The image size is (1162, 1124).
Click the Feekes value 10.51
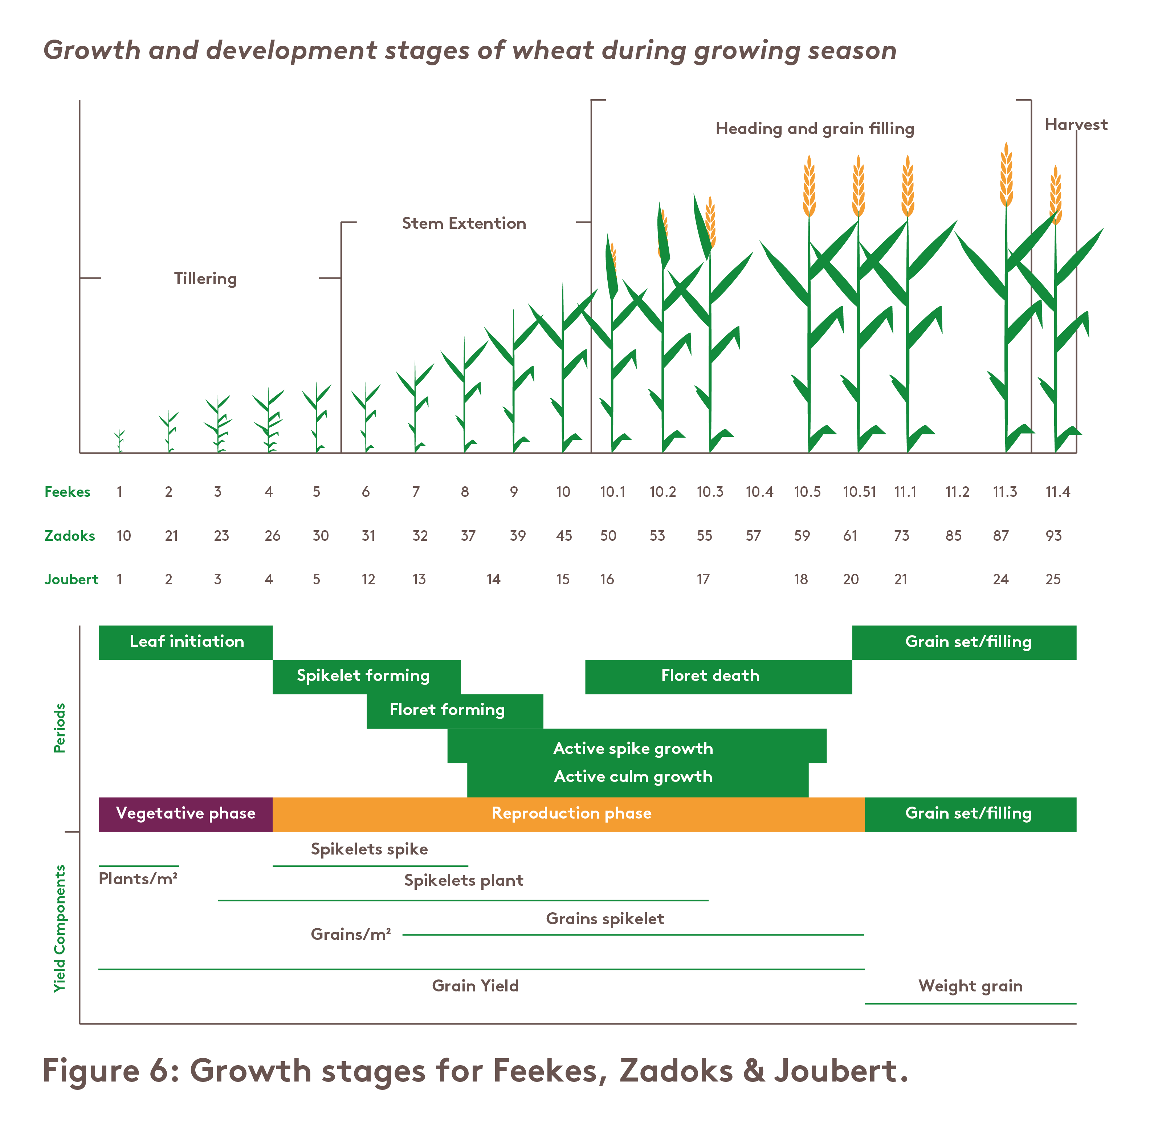[x=859, y=492]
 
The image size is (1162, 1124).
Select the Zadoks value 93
[x=1053, y=536]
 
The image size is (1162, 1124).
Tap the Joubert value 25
[x=1053, y=580]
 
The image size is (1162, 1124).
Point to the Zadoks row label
[x=69, y=536]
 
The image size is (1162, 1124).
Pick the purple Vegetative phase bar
[x=185, y=814]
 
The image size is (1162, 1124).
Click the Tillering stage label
[x=205, y=279]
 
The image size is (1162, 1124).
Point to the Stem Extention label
[x=464, y=224]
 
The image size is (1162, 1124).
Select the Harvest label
[x=1076, y=125]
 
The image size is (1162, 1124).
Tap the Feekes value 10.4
[x=759, y=492]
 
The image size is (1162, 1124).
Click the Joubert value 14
[x=493, y=580]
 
